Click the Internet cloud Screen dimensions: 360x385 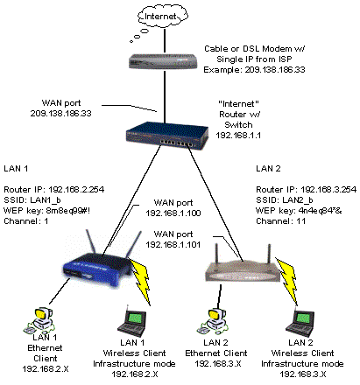coord(163,17)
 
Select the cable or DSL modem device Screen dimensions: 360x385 coord(164,61)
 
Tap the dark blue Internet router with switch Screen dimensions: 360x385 coord(167,136)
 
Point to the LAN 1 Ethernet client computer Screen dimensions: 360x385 coord(39,320)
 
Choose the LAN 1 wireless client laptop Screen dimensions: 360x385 coord(132,321)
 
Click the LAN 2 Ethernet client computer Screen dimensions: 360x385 coord(212,321)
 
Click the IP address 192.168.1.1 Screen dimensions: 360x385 coord(238,136)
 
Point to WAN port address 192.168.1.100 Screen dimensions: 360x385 coord(173,213)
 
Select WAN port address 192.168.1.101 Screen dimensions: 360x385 coord(173,244)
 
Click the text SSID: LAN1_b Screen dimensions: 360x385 coord(32,200)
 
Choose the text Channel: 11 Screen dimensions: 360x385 coord(281,221)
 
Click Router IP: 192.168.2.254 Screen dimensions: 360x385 coord(53,190)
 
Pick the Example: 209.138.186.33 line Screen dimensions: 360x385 coord(254,70)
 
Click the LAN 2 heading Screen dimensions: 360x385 coord(268,169)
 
